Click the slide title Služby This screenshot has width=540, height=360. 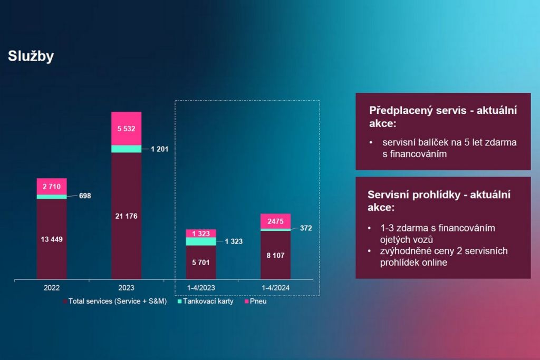tap(31, 56)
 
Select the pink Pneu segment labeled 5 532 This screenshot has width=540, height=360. tap(126, 128)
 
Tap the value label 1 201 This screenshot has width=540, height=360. tap(159, 149)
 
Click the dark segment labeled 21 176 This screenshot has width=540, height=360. tap(126, 216)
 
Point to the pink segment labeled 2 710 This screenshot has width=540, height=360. tap(52, 186)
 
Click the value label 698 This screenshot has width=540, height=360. tap(84, 196)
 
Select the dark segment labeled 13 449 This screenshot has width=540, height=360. tap(52, 239)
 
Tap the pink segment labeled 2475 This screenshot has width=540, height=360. tap(275, 221)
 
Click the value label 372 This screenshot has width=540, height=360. tap(306, 228)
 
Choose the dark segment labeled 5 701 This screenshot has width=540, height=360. tap(201, 262)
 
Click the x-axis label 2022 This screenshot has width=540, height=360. tap(52, 288)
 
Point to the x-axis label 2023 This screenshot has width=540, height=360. tap(126, 288)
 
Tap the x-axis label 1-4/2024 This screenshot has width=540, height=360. tap(275, 288)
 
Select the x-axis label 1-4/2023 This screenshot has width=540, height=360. tap(201, 288)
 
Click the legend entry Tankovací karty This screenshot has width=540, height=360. tap(206, 301)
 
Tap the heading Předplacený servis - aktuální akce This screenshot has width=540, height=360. tap(442, 116)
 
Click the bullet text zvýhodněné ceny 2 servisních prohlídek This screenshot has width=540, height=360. tap(443, 256)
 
